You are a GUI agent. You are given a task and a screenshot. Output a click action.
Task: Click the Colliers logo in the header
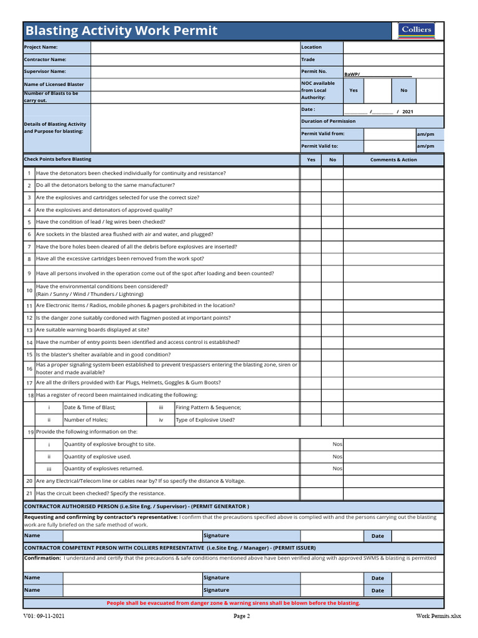tap(416, 31)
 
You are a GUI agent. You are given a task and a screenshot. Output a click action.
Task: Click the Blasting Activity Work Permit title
tap(121, 31)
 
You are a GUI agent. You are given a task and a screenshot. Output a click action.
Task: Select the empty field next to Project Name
tap(195, 47)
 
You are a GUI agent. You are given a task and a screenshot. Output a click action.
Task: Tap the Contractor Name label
tap(45, 60)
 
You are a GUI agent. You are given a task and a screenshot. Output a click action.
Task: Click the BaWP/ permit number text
tap(352, 74)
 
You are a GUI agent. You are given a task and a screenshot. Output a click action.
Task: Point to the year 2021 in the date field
tap(407, 112)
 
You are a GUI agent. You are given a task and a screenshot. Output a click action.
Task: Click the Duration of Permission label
tap(329, 121)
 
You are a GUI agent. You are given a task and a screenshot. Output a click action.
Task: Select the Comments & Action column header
tap(393, 159)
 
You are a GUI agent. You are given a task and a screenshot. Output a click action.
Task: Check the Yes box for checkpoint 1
tap(311, 173)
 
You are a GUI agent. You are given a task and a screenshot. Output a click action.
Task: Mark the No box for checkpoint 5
tap(332, 222)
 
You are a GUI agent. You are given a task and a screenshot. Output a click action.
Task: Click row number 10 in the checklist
tap(29, 290)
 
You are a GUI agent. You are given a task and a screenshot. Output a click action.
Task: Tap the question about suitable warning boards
tap(93, 330)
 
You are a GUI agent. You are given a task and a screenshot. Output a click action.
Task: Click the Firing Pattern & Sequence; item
tap(209, 407)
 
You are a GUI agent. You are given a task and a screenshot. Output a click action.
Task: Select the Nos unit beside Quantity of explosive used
tap(337, 457)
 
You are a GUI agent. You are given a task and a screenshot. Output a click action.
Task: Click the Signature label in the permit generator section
tap(217, 536)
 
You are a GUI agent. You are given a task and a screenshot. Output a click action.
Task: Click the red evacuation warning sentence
tap(233, 603)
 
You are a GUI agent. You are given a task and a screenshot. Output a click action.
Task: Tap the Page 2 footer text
tap(241, 617)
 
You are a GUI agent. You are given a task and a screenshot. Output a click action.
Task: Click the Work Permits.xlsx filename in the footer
tap(439, 617)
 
